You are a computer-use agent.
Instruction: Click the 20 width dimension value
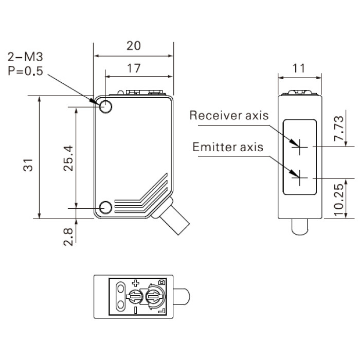coord(134,46)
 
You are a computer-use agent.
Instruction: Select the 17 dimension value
coord(134,68)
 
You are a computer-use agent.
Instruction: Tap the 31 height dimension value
coord(28,165)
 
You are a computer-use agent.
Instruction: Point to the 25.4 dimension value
coord(68,158)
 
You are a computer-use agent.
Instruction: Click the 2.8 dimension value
coord(68,237)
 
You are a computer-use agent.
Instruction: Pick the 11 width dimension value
coord(299,68)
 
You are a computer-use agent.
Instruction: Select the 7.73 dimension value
coord(338,129)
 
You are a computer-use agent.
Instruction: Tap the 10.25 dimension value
coord(338,200)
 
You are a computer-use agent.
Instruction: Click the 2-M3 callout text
coord(25,57)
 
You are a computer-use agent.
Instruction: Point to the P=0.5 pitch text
coord(25,71)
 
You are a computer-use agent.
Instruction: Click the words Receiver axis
coord(229,115)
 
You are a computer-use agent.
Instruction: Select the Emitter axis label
coord(228,147)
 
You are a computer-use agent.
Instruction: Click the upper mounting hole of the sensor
coord(105,107)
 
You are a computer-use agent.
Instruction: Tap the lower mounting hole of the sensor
coord(105,208)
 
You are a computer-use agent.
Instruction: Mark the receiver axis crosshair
coord(300,147)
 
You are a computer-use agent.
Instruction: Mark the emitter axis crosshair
coord(300,178)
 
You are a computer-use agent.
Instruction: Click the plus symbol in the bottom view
coord(135,283)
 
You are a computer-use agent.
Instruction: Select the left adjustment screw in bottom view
coord(135,297)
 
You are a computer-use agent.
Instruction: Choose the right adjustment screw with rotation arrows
coord(154,297)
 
